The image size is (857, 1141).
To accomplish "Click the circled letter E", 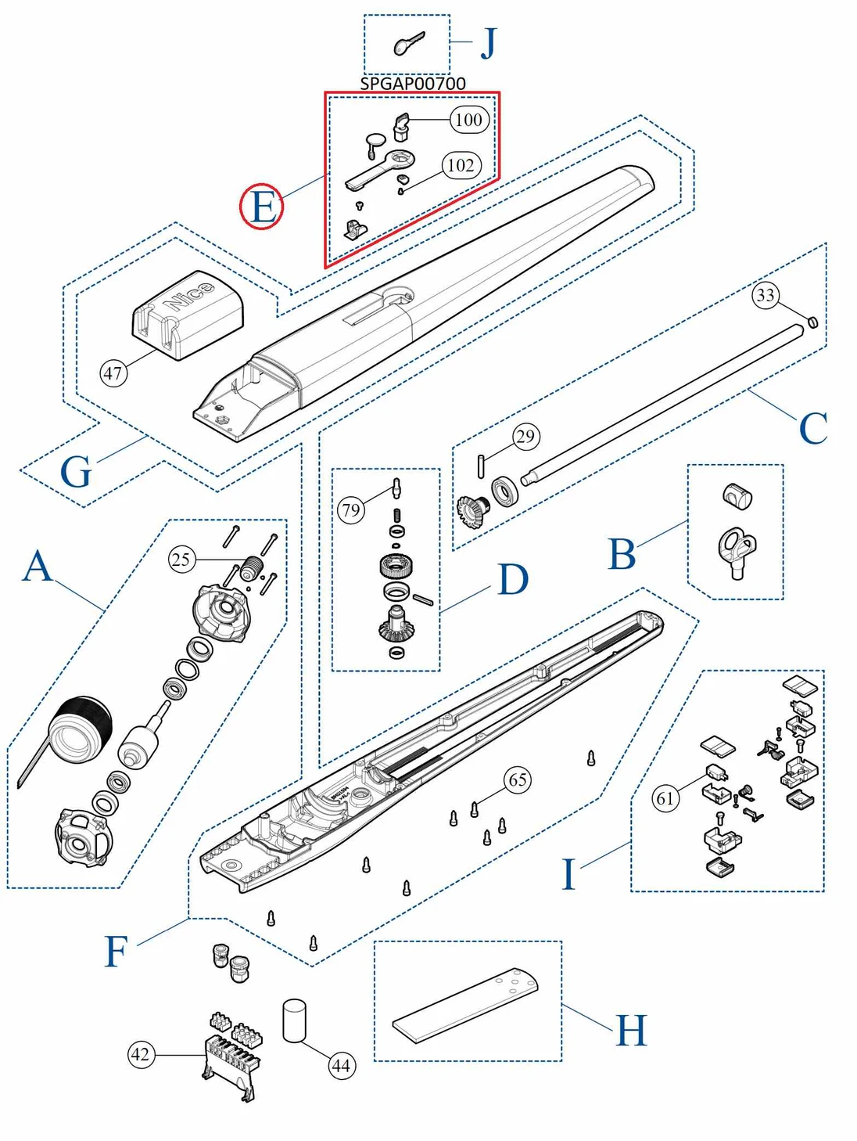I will (x=261, y=207).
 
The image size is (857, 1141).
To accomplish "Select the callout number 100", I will (x=469, y=120).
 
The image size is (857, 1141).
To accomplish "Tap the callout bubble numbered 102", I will (x=461, y=165).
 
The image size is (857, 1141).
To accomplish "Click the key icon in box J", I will (x=409, y=44).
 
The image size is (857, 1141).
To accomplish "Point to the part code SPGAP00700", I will (x=413, y=83).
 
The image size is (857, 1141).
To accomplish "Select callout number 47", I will (x=113, y=373).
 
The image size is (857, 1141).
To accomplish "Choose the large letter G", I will (x=76, y=473).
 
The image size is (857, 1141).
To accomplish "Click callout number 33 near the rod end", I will (x=766, y=295).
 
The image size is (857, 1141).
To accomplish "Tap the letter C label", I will (x=813, y=429).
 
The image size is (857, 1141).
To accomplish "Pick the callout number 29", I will (x=526, y=436).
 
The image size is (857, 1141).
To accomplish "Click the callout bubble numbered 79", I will (x=351, y=511).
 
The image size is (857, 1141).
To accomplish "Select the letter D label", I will (x=513, y=580).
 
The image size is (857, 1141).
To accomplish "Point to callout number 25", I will (x=181, y=560).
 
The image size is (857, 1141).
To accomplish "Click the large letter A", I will (x=38, y=566).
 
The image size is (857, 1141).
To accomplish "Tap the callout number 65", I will (x=518, y=779).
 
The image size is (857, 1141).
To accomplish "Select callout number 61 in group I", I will (x=665, y=798).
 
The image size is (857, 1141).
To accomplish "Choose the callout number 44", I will (x=341, y=1065).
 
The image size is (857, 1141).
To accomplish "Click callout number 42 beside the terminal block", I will (x=141, y=1054).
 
